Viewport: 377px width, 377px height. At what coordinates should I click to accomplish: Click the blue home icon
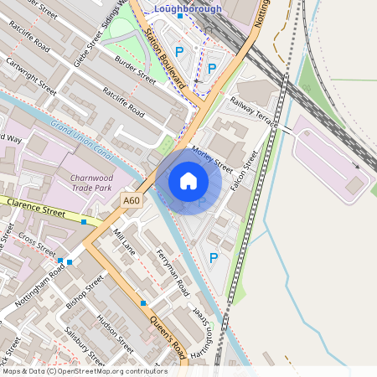188,180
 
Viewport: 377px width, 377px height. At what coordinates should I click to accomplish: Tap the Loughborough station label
188,9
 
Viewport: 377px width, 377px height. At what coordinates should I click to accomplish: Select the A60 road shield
132,201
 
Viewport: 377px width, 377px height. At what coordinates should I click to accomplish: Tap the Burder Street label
136,78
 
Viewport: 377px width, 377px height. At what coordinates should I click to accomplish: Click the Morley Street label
211,157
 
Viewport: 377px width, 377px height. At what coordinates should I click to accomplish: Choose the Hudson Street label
114,333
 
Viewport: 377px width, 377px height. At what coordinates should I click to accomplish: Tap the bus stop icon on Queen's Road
144,302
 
